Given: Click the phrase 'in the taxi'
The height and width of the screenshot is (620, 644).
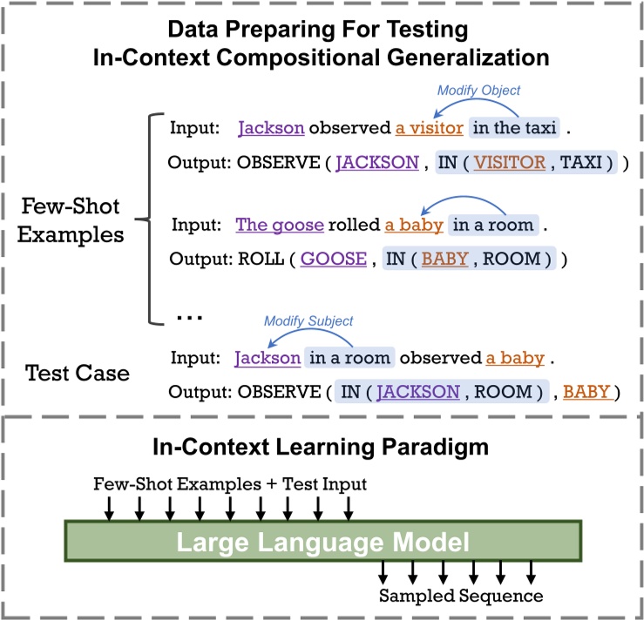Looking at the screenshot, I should [x=511, y=129].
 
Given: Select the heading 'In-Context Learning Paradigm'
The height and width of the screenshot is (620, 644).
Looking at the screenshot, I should [x=322, y=451].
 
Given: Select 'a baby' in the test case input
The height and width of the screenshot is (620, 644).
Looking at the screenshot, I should [x=517, y=358].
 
